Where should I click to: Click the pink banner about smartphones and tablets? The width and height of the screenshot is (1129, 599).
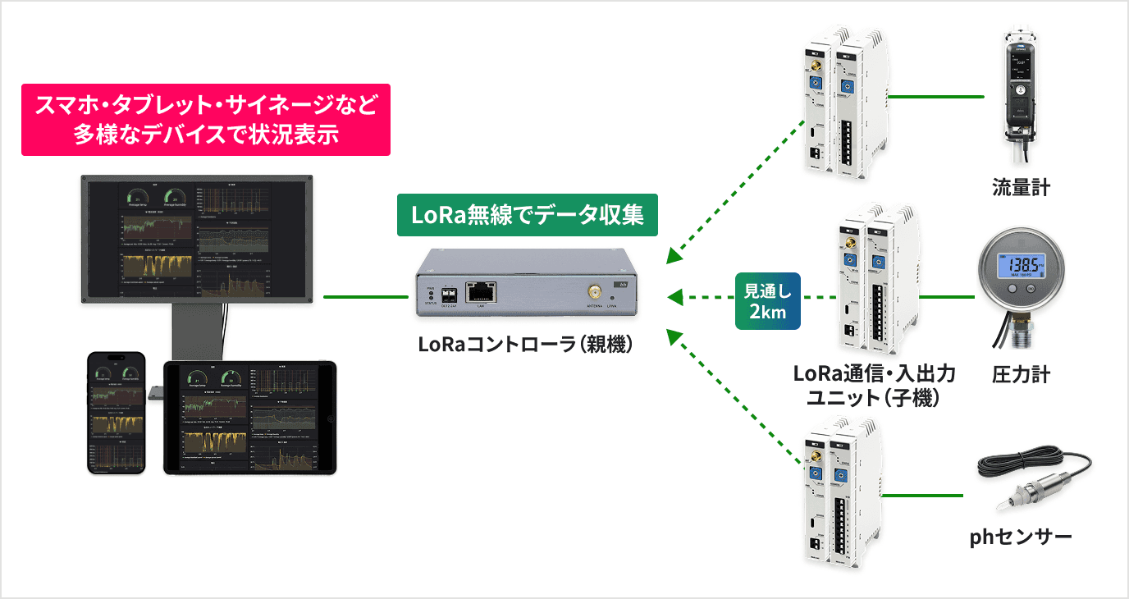point(205,120)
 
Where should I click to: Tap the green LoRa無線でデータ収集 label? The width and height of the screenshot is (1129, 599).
point(527,215)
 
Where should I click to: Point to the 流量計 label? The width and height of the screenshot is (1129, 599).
point(1021,189)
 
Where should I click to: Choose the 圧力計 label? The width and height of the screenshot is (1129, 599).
point(1021,375)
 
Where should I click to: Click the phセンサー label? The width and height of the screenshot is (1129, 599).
point(1021,537)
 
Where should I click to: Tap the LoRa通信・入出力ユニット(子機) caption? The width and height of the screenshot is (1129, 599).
point(873,386)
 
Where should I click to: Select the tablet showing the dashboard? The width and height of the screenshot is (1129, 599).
point(250,418)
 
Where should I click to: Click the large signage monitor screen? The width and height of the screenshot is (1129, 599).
point(197,238)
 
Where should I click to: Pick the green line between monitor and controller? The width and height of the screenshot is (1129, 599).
point(365,296)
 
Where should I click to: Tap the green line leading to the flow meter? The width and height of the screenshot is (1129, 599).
point(936,97)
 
